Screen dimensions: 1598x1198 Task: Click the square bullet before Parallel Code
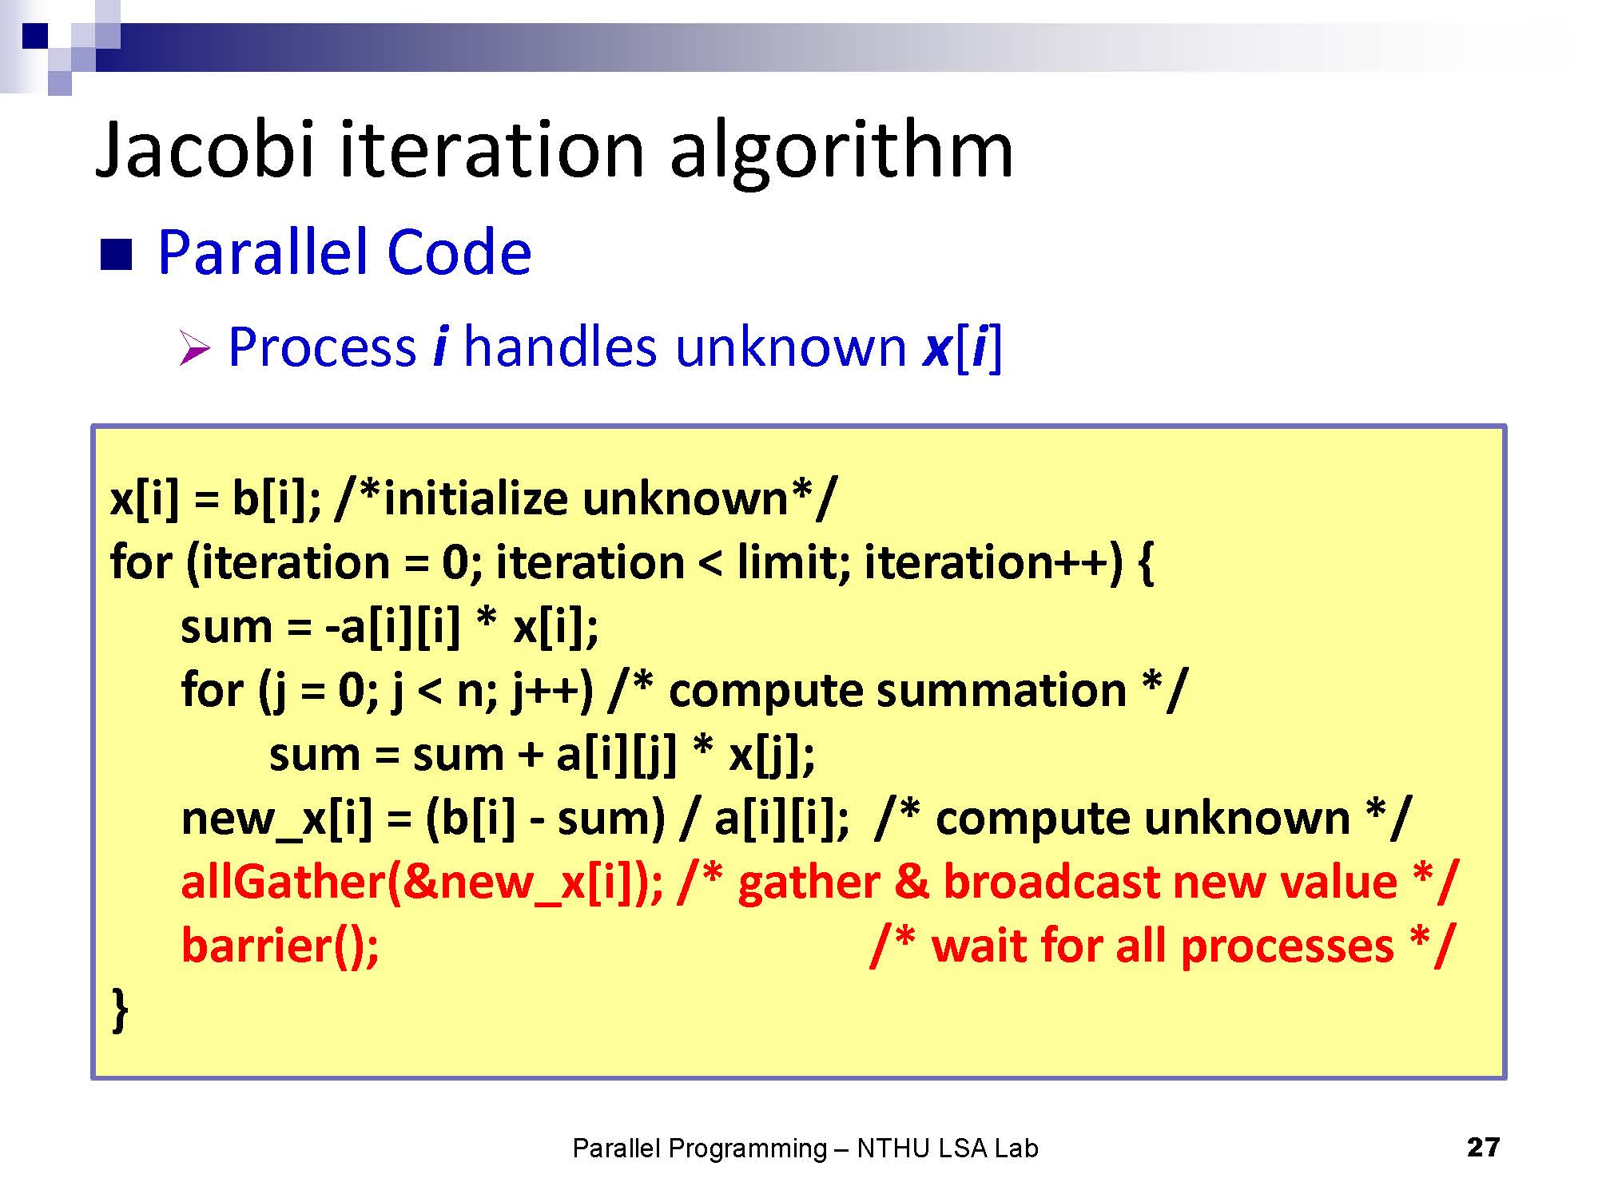(x=116, y=255)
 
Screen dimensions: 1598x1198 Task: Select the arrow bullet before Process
(x=194, y=349)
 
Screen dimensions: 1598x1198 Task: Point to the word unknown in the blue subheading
(x=790, y=347)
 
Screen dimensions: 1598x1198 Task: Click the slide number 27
(x=1483, y=1148)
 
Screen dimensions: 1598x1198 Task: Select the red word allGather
(x=283, y=882)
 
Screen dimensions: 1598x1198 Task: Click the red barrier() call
(x=280, y=946)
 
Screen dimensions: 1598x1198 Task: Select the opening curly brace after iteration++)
(x=1144, y=563)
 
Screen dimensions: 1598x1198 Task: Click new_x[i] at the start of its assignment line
(x=276, y=819)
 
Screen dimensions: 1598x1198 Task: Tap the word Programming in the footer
(x=747, y=1149)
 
